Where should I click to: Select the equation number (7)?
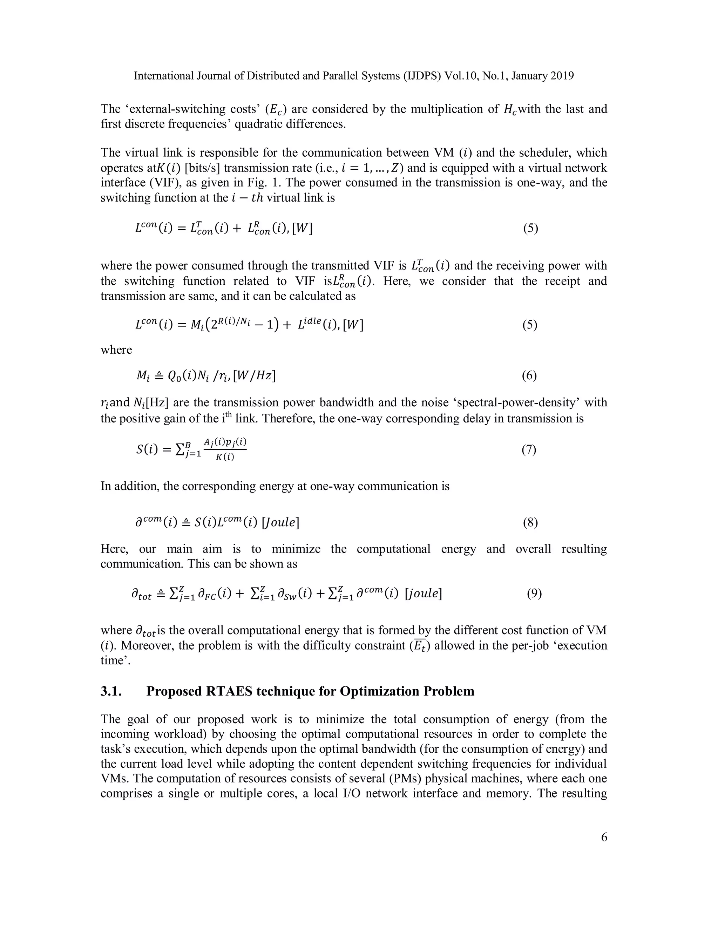coord(529,450)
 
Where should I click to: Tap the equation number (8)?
coord(530,522)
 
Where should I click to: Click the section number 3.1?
coord(111,691)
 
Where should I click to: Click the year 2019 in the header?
coord(561,76)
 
